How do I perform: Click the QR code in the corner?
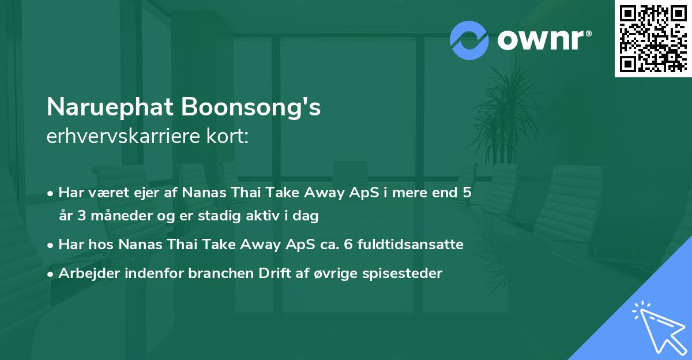tap(653, 38)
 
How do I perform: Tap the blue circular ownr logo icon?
tap(469, 40)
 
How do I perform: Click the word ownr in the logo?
tap(544, 40)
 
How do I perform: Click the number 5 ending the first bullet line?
tap(467, 193)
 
